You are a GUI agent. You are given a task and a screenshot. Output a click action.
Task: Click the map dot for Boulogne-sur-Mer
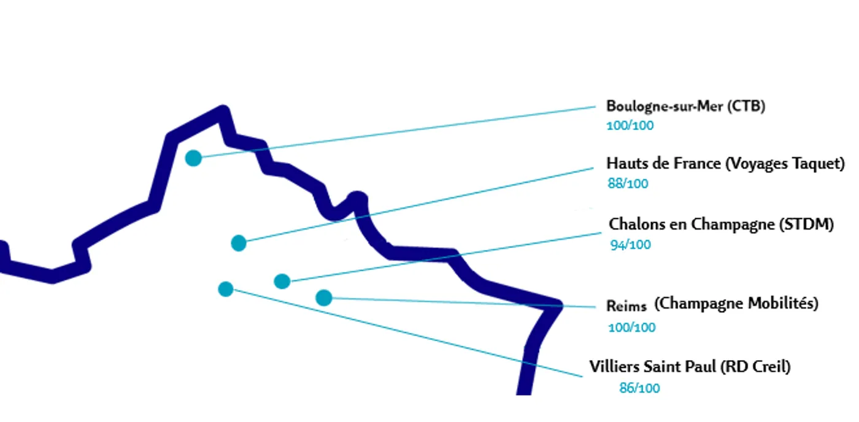tap(193, 158)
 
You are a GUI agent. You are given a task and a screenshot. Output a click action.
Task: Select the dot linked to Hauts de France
tap(239, 243)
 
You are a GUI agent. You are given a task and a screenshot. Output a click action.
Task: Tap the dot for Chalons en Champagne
tap(282, 282)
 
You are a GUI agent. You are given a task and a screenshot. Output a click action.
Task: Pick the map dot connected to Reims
tap(324, 298)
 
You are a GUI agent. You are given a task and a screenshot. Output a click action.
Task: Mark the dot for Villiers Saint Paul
tap(226, 289)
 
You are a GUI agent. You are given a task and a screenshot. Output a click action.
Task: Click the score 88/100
tap(628, 184)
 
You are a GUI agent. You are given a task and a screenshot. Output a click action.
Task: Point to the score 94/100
tap(630, 245)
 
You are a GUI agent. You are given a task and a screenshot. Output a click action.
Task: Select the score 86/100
tap(639, 388)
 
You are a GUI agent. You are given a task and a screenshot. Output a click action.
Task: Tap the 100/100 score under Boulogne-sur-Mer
tap(630, 126)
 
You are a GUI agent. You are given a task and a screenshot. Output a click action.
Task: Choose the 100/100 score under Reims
tap(631, 328)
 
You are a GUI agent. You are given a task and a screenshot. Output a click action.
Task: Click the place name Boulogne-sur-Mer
tap(665, 106)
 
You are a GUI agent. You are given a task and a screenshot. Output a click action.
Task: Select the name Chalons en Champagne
tap(691, 225)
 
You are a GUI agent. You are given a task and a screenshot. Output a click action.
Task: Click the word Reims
tap(626, 306)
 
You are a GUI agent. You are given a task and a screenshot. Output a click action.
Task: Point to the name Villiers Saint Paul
tap(652, 367)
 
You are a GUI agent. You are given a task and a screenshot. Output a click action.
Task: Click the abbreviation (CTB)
tap(747, 106)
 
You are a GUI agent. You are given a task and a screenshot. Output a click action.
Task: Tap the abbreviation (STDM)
tap(806, 225)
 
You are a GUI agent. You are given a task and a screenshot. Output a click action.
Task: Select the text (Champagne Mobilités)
tap(736, 304)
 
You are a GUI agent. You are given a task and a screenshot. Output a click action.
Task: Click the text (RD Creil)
tap(756, 367)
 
